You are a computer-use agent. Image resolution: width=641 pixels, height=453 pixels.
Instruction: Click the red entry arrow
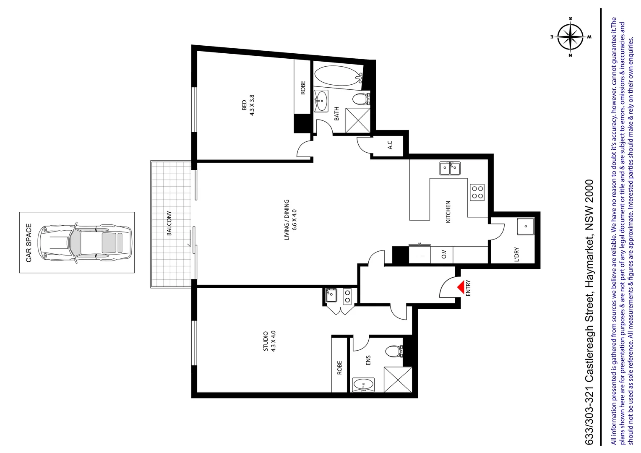click(x=461, y=287)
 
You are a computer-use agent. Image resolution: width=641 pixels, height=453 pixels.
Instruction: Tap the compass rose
click(x=570, y=37)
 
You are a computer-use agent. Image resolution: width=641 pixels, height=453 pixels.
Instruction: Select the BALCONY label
click(x=169, y=223)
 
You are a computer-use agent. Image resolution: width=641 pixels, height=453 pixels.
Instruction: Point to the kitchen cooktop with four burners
click(x=477, y=193)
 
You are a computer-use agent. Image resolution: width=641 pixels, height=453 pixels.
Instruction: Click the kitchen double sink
click(x=449, y=168)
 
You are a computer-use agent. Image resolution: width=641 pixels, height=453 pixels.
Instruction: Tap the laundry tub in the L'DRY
click(x=525, y=226)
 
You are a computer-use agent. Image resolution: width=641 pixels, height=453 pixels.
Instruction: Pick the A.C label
click(x=390, y=145)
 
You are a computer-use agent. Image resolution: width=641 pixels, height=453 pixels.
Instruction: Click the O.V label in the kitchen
click(x=444, y=254)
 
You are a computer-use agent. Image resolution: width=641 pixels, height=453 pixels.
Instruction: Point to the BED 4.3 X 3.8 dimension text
click(x=248, y=105)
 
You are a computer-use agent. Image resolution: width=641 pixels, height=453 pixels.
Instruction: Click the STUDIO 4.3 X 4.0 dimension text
click(x=269, y=341)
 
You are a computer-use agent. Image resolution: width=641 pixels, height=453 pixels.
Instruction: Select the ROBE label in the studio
click(x=339, y=367)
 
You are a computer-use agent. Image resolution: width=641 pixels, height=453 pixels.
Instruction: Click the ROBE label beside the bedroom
click(x=303, y=88)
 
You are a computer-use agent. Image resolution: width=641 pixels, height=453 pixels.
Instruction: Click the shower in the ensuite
click(x=398, y=379)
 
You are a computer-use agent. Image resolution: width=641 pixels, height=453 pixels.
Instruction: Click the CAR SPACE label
click(x=29, y=242)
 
